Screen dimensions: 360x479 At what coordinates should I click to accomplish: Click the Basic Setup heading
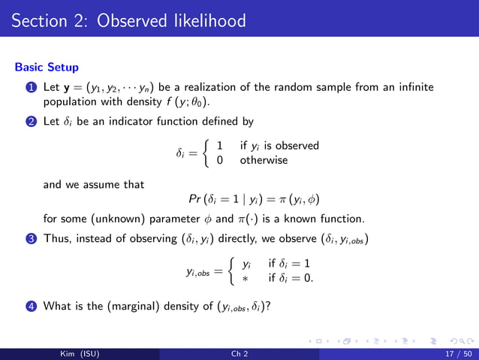(47, 67)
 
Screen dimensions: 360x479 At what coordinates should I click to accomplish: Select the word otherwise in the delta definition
(264, 160)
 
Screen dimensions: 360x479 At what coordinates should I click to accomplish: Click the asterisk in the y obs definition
(245, 278)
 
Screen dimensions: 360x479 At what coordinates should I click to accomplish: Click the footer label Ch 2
(239, 352)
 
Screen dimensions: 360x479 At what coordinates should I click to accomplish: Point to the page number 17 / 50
(453, 352)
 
